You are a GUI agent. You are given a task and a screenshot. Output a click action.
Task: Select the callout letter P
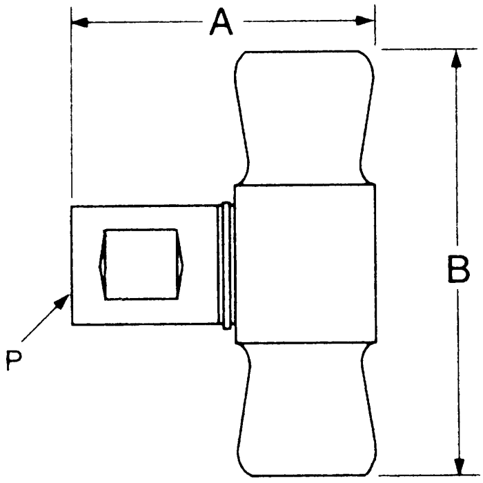tap(13, 359)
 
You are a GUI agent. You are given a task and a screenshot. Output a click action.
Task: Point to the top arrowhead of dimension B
tap(455, 59)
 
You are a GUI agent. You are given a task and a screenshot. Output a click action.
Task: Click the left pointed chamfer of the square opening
tap(103, 264)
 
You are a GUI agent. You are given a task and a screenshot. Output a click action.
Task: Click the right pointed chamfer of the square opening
tap(184, 264)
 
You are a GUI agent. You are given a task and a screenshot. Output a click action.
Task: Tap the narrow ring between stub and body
tap(225, 264)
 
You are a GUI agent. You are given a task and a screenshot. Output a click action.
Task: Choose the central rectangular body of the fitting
tap(305, 264)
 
